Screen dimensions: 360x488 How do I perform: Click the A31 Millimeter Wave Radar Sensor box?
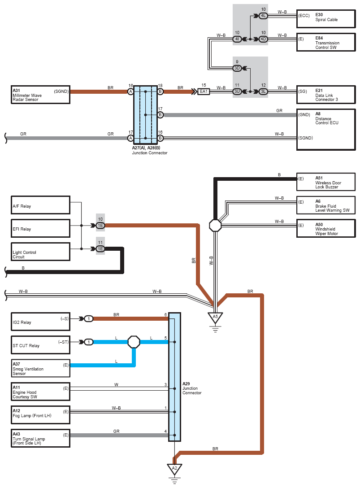pyautogui.click(x=40, y=95)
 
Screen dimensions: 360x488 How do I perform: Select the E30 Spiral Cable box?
pyautogui.click(x=326, y=19)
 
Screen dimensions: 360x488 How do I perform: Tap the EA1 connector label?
pyautogui.click(x=204, y=91)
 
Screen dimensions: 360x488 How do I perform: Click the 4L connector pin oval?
pyautogui.click(x=263, y=16)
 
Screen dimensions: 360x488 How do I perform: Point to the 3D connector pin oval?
pyautogui.click(x=237, y=68)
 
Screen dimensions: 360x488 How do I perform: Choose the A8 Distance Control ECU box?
pyautogui.click(x=326, y=130)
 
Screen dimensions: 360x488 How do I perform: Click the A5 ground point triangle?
pyautogui.click(x=215, y=318)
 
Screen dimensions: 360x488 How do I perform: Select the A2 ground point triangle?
pyautogui.click(x=174, y=469)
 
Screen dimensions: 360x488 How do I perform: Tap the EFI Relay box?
pyautogui.click(x=40, y=228)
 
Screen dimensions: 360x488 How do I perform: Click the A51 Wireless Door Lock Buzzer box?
pyautogui.click(x=326, y=182)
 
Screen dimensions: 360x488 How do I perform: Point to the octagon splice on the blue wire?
pyautogui.click(x=134, y=342)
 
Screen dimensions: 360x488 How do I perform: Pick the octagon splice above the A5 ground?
pyautogui.click(x=215, y=226)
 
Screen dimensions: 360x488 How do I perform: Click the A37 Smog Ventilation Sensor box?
pyautogui.click(x=40, y=369)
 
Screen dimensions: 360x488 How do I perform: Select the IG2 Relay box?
pyautogui.click(x=40, y=322)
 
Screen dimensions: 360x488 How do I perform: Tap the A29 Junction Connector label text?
pyautogui.click(x=192, y=388)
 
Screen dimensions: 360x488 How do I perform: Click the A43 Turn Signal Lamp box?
pyautogui.click(x=40, y=438)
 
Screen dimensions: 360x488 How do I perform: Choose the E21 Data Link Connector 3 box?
pyautogui.click(x=326, y=95)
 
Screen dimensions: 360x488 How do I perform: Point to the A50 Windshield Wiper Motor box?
pyautogui.click(x=326, y=228)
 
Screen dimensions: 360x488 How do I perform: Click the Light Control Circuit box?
pyautogui.click(x=40, y=252)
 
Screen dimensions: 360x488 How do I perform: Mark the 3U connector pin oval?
pyautogui.click(x=237, y=91)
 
